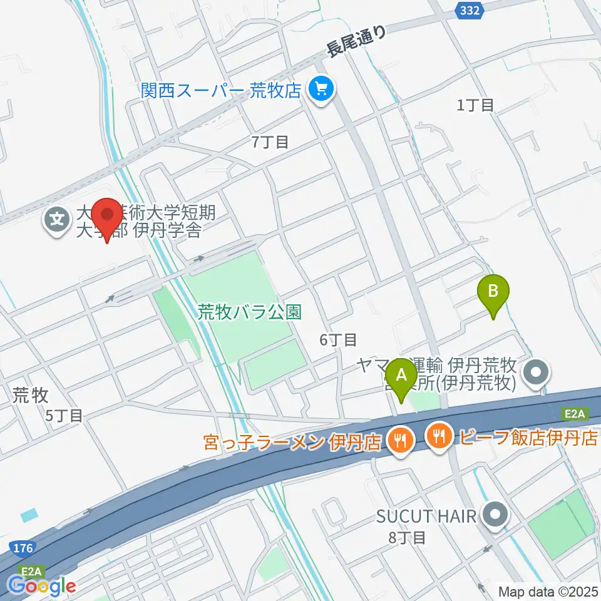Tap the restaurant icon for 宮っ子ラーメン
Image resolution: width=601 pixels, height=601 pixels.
[398, 441]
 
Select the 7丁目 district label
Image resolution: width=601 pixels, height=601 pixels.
[270, 142]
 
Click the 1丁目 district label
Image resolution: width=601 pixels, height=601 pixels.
[475, 105]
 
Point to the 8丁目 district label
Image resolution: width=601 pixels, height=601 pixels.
[408, 537]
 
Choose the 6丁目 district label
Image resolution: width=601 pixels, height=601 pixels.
[338, 340]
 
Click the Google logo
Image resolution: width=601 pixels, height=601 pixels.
[41, 586]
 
